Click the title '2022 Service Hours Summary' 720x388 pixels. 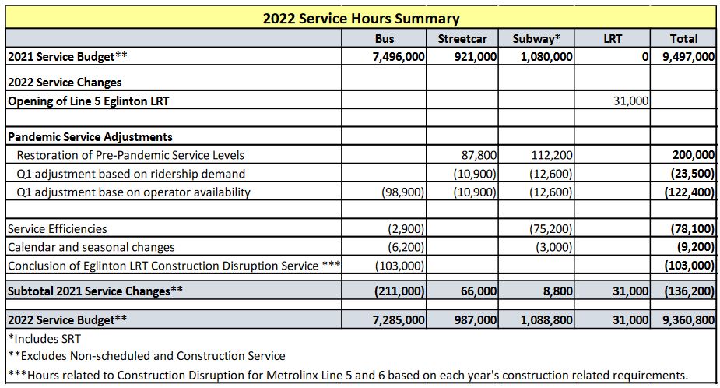tap(360, 18)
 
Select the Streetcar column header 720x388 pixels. tap(462, 38)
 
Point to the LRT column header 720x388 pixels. tap(613, 38)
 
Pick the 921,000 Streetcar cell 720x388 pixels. tap(475, 56)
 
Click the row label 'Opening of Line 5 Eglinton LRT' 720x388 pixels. tap(99, 101)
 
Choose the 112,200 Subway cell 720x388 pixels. tap(552, 155)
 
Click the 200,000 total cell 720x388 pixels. tap(693, 155)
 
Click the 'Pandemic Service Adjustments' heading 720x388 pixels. tap(90, 136)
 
